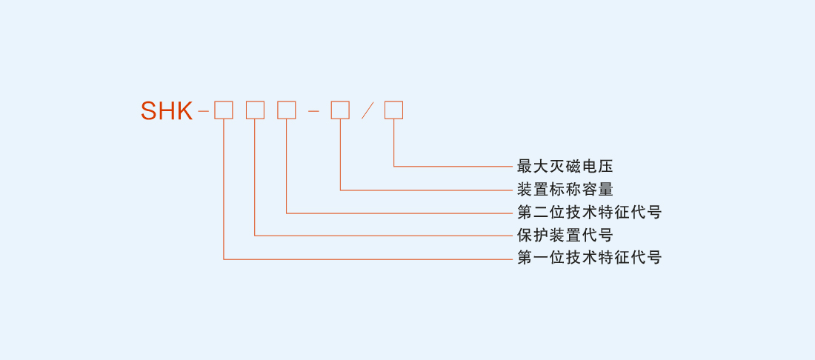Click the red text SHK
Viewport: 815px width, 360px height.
167,111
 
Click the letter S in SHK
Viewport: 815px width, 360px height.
149,111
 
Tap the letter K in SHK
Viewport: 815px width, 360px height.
184,111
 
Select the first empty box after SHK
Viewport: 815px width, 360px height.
224,110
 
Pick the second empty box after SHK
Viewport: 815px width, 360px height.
255,110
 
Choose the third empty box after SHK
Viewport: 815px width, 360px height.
286,110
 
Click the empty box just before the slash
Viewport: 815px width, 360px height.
340,110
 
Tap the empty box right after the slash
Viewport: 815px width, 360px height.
393,110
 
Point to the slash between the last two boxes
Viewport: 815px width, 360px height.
367,111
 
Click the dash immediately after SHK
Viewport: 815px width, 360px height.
203,111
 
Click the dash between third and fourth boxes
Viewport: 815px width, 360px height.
313,111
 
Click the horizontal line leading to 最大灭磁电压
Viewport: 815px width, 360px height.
452,166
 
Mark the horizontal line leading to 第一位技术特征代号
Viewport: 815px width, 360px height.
370,259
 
